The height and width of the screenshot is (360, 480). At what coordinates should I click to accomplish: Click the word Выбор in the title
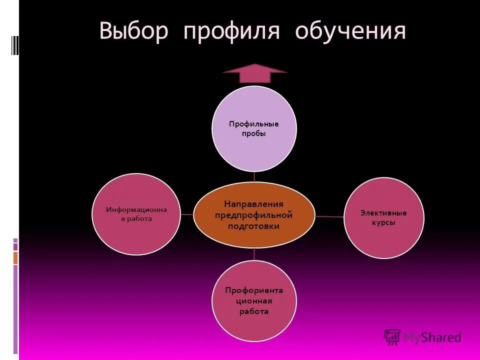[x=135, y=31]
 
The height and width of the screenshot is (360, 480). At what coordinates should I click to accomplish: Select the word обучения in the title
[x=350, y=31]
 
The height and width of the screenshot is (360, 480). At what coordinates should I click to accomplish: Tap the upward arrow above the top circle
[x=254, y=73]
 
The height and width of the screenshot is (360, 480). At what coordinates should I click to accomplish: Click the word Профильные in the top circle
[x=254, y=124]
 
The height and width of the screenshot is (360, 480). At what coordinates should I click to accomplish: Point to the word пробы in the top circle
[x=254, y=134]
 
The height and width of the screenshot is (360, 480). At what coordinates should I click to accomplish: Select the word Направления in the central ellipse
[x=254, y=204]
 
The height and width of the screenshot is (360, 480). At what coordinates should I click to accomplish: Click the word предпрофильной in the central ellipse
[x=254, y=215]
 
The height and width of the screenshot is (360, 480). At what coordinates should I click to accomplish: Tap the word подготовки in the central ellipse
[x=254, y=226]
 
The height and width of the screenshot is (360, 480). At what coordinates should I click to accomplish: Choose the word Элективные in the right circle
[x=383, y=213]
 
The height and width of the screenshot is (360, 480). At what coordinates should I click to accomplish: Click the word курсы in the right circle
[x=383, y=223]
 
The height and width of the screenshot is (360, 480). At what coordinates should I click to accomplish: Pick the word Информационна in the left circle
[x=136, y=209]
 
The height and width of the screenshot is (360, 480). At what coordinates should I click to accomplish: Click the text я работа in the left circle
[x=136, y=219]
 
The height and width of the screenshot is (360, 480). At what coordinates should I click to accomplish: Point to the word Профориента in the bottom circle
[x=254, y=290]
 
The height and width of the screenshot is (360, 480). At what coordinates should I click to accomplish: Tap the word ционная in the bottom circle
[x=254, y=301]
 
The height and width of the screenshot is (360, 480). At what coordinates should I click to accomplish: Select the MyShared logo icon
[x=392, y=337]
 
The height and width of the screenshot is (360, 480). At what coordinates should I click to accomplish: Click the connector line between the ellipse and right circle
[x=329, y=216]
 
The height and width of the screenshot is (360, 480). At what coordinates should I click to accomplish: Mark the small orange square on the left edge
[x=15, y=258]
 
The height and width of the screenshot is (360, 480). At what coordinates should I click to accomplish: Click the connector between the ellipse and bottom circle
[x=254, y=254]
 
